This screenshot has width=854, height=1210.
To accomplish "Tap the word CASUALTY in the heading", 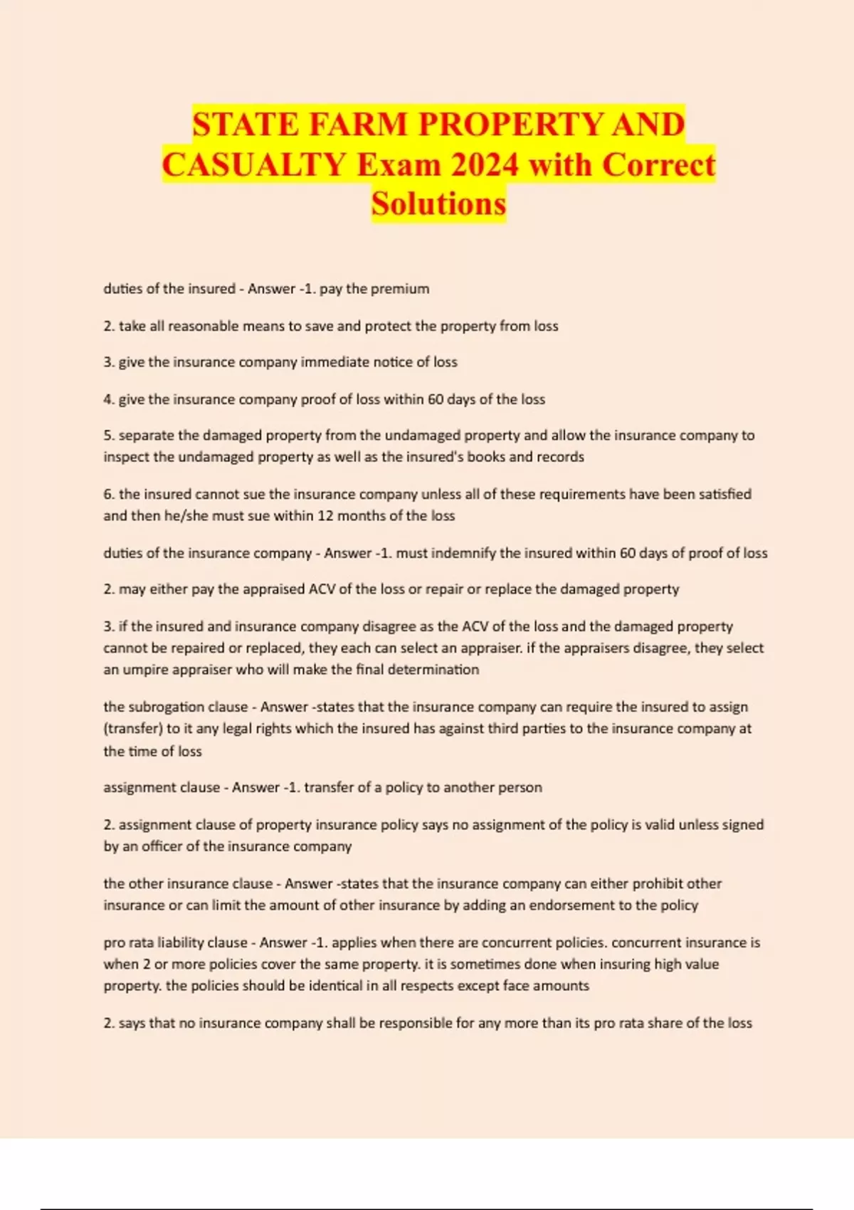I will coord(254,165).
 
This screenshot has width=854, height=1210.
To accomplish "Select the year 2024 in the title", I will coord(485,165).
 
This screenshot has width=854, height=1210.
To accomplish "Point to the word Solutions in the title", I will coord(438,204).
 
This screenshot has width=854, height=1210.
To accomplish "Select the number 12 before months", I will coord(325,516).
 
